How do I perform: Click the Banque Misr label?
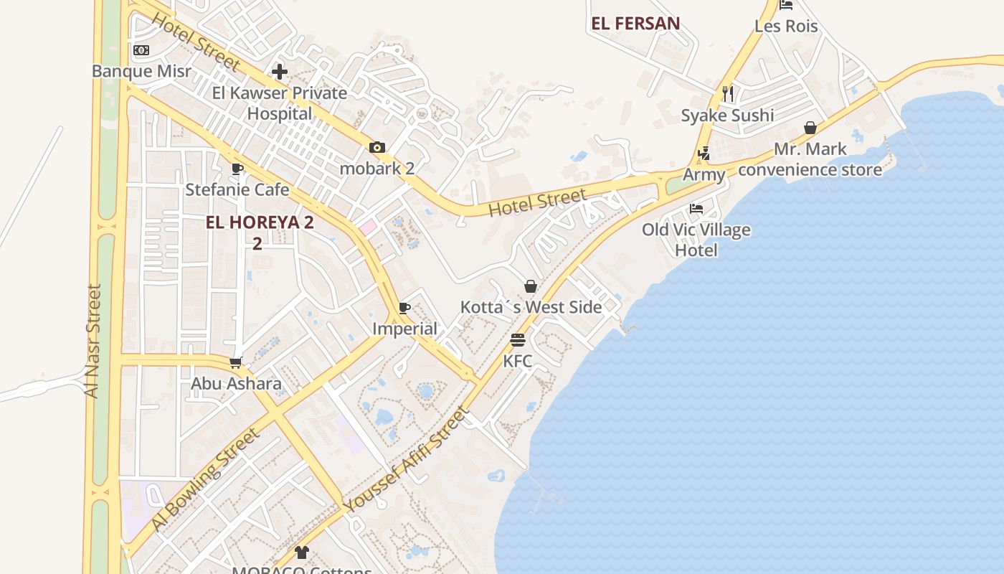pos(141,71)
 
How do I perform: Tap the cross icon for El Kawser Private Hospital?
pos(280,71)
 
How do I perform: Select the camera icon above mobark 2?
pos(377,148)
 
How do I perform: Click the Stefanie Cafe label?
pos(237,190)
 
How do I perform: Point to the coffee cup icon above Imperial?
pos(404,309)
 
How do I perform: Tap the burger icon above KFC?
pos(518,339)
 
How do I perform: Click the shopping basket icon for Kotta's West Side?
pos(531,286)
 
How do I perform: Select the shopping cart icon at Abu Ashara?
pos(235,363)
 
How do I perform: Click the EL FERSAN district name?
pos(635,24)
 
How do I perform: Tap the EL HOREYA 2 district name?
pos(260,222)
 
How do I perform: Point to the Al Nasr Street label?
pos(93,341)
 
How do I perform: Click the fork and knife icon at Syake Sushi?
pos(728,93)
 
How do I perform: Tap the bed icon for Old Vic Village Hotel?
pos(696,209)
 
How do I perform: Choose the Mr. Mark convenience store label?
pos(810,159)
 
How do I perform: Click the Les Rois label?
pos(786,27)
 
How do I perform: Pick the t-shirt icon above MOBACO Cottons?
pos(302,552)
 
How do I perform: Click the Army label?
pos(704,174)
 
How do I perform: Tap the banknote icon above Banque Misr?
pos(141,50)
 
